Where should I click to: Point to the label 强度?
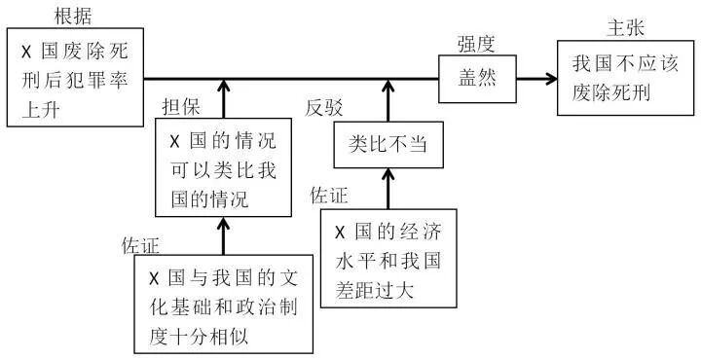pyautogui.click(x=478, y=44)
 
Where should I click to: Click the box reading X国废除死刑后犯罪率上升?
pyautogui.click(x=75, y=77)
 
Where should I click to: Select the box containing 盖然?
pyautogui.click(x=477, y=79)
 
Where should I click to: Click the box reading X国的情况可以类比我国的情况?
pyautogui.click(x=223, y=167)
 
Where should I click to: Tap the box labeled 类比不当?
pyautogui.click(x=388, y=144)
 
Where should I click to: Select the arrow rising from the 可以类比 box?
pyautogui.click(x=223, y=98)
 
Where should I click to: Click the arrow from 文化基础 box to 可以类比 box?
pyautogui.click(x=223, y=237)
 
